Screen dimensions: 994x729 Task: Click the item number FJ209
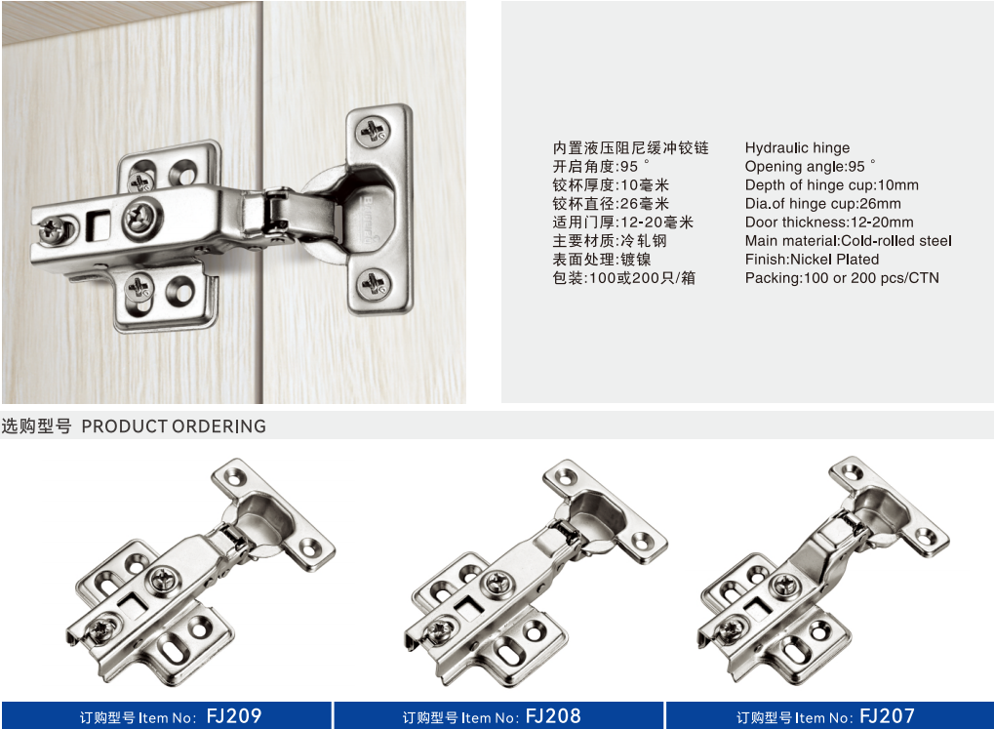point(234,716)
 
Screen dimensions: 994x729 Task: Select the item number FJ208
point(553,716)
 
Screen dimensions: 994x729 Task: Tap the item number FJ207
point(888,716)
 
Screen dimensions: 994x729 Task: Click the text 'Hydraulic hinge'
point(798,147)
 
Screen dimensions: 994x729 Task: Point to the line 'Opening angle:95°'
point(811,166)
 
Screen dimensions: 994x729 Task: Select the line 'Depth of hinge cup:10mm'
point(832,184)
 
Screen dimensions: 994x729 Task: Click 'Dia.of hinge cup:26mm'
point(823,204)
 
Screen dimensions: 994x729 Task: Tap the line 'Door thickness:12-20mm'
point(829,223)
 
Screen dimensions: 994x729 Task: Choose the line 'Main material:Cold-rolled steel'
point(849,240)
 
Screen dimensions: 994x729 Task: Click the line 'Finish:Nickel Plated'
point(812,259)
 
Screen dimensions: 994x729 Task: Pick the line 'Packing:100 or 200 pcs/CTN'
point(842,278)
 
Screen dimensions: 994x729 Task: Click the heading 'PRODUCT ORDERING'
point(174,426)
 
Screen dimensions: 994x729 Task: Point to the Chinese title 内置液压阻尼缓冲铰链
point(631,147)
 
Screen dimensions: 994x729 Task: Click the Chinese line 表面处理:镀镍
point(602,259)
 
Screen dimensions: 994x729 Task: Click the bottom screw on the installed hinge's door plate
point(373,283)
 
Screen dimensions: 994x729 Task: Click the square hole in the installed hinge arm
point(99,223)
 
